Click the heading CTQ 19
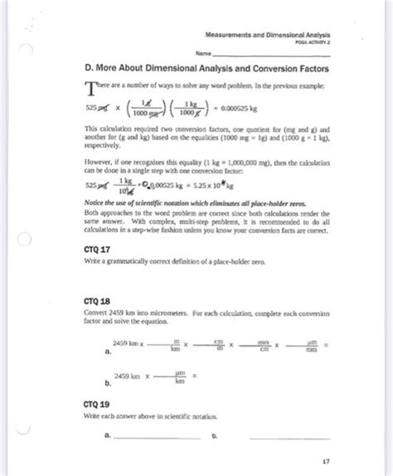click(97, 403)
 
